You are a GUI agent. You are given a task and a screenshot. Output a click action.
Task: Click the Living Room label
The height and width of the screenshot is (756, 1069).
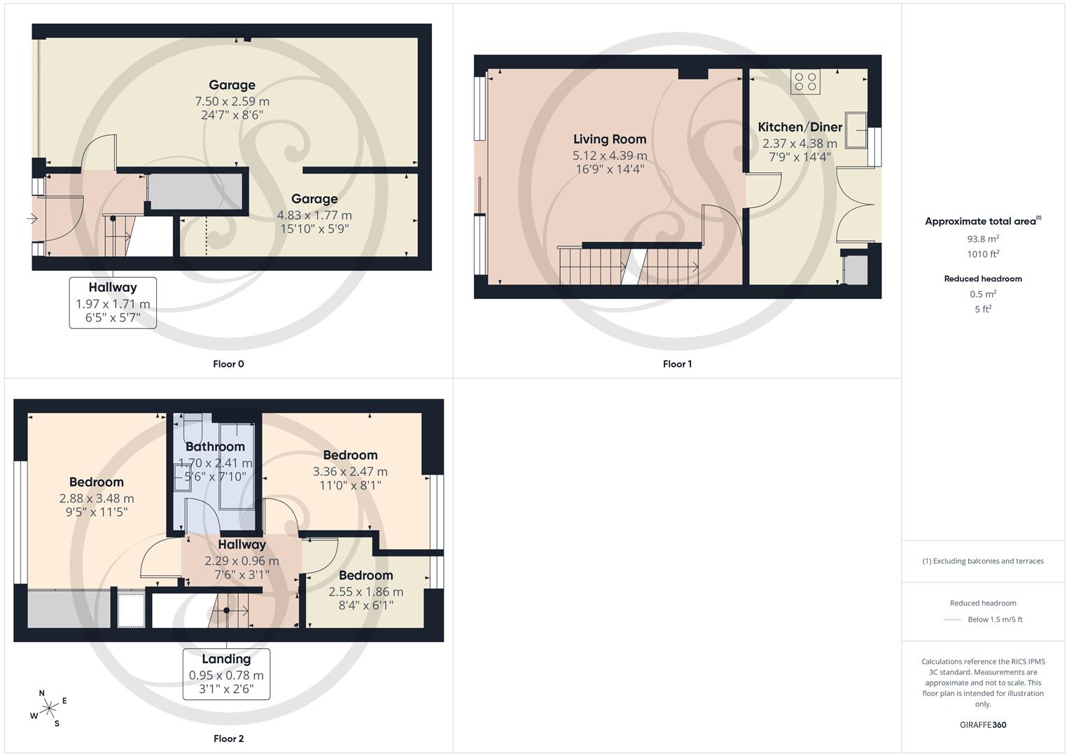(x=610, y=139)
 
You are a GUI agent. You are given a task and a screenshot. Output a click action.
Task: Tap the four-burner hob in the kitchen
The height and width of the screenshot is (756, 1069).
(x=805, y=82)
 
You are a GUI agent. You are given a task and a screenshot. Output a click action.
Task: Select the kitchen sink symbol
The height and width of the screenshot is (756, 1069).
(x=856, y=129)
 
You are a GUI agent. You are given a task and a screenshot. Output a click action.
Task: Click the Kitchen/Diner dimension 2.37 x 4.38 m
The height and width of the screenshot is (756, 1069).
(x=799, y=143)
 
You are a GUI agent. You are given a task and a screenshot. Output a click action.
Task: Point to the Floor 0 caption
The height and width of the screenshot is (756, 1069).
(x=228, y=364)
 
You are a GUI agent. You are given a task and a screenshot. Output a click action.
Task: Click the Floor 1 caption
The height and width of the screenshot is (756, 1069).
(x=677, y=364)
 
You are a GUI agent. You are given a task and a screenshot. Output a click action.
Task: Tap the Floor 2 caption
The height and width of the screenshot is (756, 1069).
(x=228, y=738)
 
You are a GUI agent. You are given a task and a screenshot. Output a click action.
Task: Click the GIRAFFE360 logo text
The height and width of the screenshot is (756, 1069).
(x=983, y=725)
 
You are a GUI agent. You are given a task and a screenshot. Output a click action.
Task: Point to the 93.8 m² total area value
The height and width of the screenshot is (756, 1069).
(x=983, y=239)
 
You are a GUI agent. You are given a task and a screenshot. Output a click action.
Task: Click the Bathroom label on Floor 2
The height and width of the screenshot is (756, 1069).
(x=215, y=447)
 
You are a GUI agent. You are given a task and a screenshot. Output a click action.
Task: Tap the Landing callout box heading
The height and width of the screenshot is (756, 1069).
(x=226, y=659)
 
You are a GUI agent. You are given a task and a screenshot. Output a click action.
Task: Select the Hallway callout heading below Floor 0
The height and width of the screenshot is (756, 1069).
(x=113, y=287)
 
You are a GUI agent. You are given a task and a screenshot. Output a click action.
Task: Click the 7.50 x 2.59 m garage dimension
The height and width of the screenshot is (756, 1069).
(x=232, y=101)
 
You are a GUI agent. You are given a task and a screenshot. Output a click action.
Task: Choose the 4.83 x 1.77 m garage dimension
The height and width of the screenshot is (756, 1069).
(x=314, y=216)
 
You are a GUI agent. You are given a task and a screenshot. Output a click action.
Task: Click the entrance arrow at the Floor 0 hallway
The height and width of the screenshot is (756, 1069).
(x=32, y=219)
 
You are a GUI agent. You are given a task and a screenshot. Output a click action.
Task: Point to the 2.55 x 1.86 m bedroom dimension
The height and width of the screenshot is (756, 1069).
(x=366, y=591)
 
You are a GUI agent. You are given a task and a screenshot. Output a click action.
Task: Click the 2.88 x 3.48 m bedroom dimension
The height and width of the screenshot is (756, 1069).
(x=97, y=498)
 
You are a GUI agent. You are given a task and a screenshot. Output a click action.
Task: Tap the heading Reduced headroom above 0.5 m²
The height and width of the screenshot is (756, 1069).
(x=983, y=279)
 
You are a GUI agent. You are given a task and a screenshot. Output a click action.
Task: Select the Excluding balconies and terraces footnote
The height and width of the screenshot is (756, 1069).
(x=983, y=561)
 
